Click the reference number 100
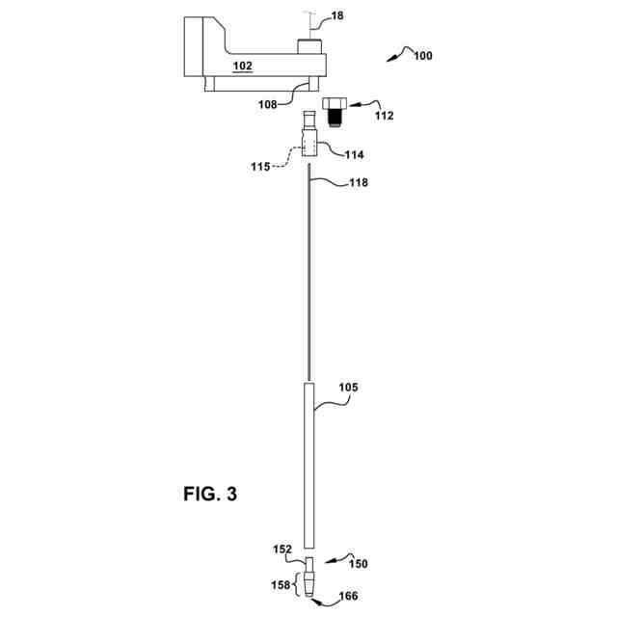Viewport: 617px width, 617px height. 422,55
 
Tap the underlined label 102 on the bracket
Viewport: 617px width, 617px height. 243,67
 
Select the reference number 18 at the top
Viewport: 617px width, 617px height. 336,16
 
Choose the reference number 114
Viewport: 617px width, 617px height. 353,154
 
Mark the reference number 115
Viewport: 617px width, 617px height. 261,168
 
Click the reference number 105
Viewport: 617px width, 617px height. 348,388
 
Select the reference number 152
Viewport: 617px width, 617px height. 282,550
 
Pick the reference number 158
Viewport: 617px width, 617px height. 279,583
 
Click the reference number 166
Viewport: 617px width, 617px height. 346,597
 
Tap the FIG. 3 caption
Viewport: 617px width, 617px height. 210,496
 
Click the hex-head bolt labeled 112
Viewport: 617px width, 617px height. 335,109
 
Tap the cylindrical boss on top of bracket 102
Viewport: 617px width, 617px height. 308,46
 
